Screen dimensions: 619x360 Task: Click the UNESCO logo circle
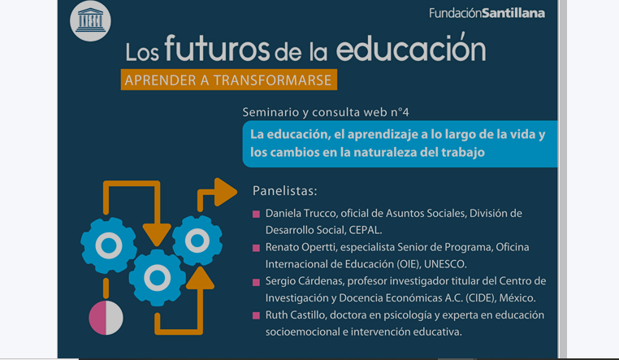[x=90, y=21]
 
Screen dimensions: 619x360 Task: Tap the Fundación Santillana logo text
[x=487, y=13]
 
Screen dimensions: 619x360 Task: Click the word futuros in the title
[x=217, y=49]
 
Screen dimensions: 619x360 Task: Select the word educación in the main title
[x=411, y=48]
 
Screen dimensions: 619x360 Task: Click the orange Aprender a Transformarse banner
[x=229, y=80]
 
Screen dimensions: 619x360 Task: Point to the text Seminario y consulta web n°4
[x=326, y=112]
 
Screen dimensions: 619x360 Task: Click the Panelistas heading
[x=284, y=191]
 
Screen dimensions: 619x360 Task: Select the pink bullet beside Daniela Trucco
[x=256, y=214]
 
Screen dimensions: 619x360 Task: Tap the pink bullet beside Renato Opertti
[x=256, y=248]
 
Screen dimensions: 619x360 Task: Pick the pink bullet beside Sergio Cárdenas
[x=256, y=282]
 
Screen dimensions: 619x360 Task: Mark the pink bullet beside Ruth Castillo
[x=256, y=315]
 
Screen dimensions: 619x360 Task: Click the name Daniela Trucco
[x=301, y=214]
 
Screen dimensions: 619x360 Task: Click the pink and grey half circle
[x=106, y=318]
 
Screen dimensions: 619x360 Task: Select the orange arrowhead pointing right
[x=226, y=192]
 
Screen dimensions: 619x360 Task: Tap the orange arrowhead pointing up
[x=200, y=278]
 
